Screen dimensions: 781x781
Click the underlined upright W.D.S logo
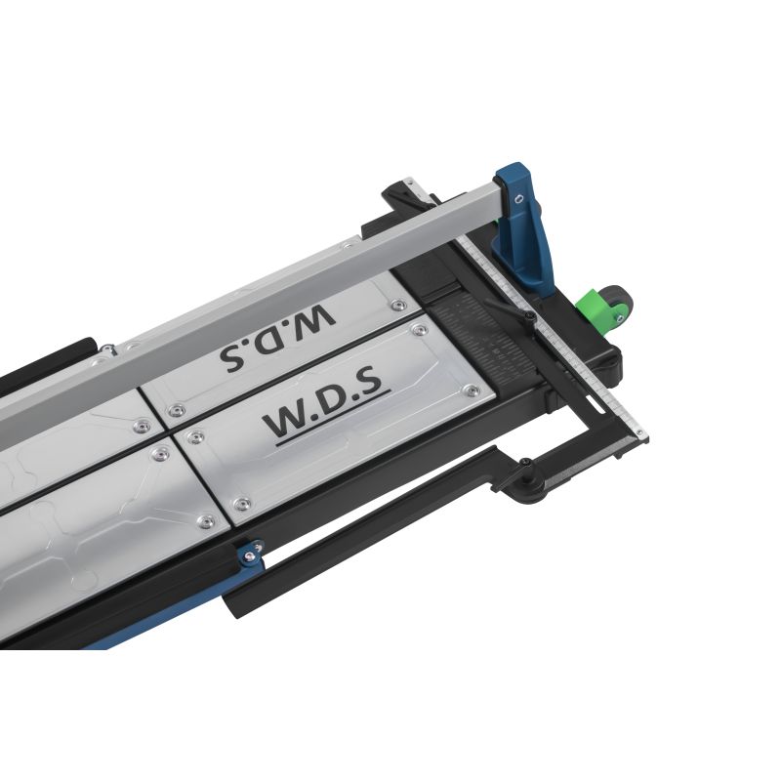click(323, 410)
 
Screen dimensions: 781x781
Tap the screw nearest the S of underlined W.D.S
click(472, 390)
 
